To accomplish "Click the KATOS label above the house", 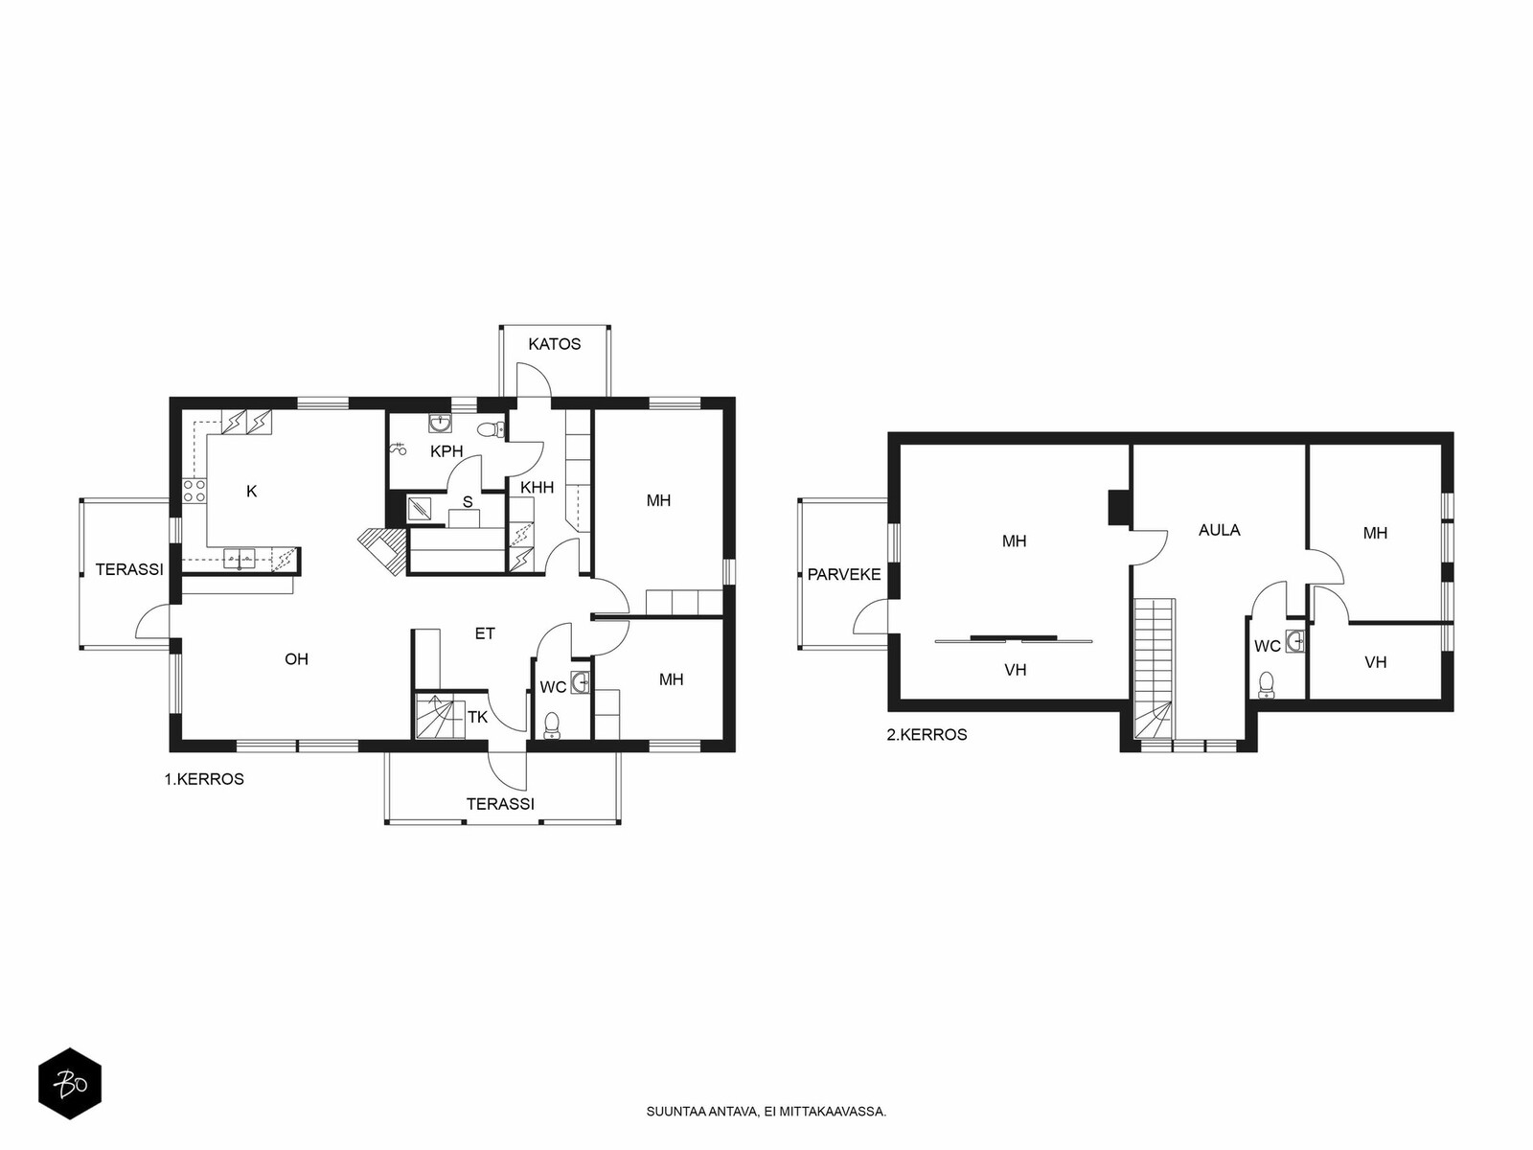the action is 554,343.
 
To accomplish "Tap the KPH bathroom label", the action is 446,451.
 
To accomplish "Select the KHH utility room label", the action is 537,488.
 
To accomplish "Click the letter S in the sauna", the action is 468,501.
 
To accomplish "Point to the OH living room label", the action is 296,659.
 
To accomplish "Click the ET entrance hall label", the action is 485,633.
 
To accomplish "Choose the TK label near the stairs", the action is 478,717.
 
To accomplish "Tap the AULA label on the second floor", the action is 1220,530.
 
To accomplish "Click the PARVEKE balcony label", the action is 844,575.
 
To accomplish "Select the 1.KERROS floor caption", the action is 204,779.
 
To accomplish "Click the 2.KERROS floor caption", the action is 927,734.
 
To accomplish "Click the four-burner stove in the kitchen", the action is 194,490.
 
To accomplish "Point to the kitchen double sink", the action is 240,558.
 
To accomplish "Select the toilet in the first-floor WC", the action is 552,724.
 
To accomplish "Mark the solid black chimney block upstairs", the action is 1119,507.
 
